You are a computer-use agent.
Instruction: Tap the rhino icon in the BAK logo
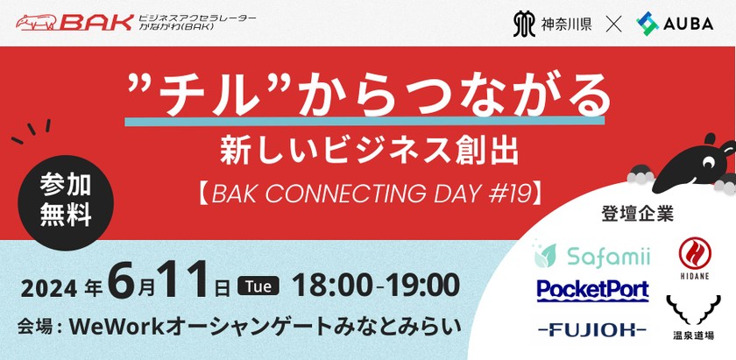(39, 21)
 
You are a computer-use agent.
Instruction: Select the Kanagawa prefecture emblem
(524, 24)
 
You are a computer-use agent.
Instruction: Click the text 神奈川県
(567, 24)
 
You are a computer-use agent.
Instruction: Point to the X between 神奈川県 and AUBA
(613, 24)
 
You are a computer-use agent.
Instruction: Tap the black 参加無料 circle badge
(66, 201)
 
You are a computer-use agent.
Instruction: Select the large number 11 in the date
(186, 283)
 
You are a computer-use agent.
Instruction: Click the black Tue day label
(258, 286)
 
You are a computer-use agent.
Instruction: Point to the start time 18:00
(327, 285)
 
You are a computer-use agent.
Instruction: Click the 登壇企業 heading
(637, 214)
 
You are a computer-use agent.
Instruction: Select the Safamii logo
(592, 256)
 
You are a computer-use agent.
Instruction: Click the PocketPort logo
(592, 290)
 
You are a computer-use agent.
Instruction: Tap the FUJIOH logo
(592, 329)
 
